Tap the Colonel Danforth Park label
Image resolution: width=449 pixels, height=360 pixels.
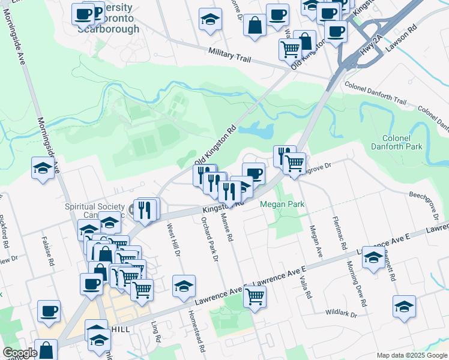coord(396,142)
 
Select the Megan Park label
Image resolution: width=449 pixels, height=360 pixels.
coord(282,205)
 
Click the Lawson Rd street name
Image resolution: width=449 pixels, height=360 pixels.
coord(404,37)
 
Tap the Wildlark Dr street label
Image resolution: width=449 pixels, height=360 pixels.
coord(341,314)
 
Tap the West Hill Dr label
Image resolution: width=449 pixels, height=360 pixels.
coord(173,241)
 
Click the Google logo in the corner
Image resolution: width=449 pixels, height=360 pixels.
coord(19,353)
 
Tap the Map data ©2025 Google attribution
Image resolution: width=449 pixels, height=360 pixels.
coord(412,355)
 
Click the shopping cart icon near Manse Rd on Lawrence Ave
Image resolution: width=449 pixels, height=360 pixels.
coord(255,296)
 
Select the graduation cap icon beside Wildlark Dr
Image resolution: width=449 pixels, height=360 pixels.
coord(404,306)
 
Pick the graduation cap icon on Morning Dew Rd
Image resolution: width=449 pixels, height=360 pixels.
coord(373,258)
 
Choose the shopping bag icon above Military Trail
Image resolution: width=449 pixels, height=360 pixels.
coord(255,25)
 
